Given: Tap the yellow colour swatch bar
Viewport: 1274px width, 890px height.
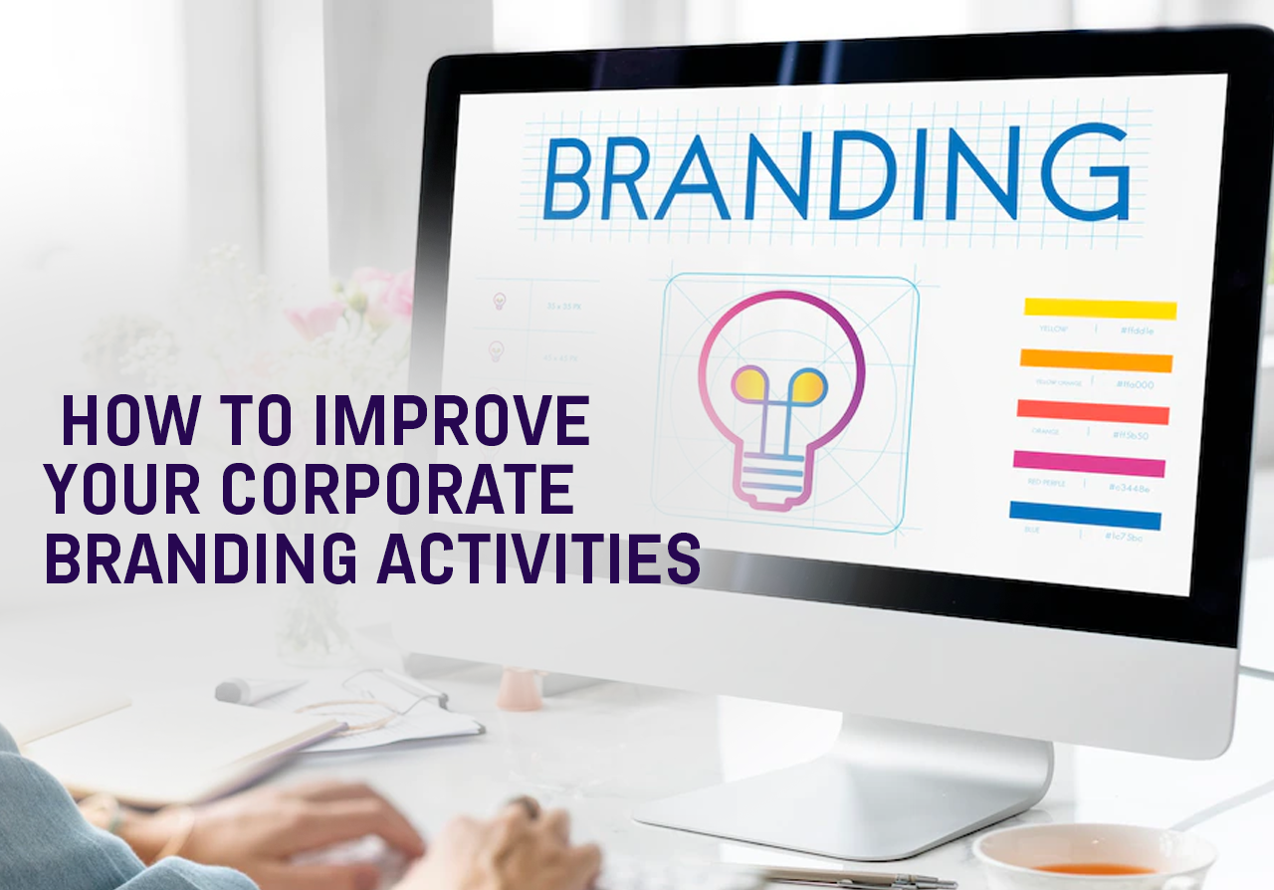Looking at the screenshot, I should coord(1100,309).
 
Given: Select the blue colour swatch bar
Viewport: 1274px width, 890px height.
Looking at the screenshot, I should coord(1085,516).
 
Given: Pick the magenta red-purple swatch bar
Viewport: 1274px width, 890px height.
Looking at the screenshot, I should coord(1089,463).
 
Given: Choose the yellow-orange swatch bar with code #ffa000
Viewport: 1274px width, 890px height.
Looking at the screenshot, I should coord(1096,360).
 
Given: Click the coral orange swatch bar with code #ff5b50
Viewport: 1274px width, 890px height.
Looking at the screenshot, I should coord(1093,411).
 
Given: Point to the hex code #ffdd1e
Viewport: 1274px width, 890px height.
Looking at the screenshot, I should coord(1137,331).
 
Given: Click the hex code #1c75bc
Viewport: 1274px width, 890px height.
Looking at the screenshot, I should coord(1122,537).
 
